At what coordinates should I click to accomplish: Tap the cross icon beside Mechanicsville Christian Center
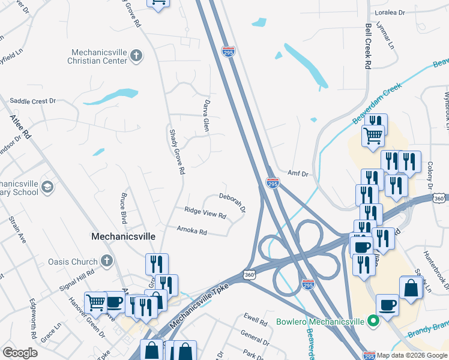(136, 56)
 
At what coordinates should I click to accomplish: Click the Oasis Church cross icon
(106, 261)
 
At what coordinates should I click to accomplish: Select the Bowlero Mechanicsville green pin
(373, 322)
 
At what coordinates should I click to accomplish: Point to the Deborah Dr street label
(232, 202)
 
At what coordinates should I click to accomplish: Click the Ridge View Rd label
(205, 212)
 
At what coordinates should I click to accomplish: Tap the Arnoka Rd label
(191, 230)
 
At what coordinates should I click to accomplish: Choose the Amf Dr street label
(297, 173)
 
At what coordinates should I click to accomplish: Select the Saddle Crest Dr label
(33, 101)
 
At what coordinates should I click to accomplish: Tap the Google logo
(20, 353)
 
